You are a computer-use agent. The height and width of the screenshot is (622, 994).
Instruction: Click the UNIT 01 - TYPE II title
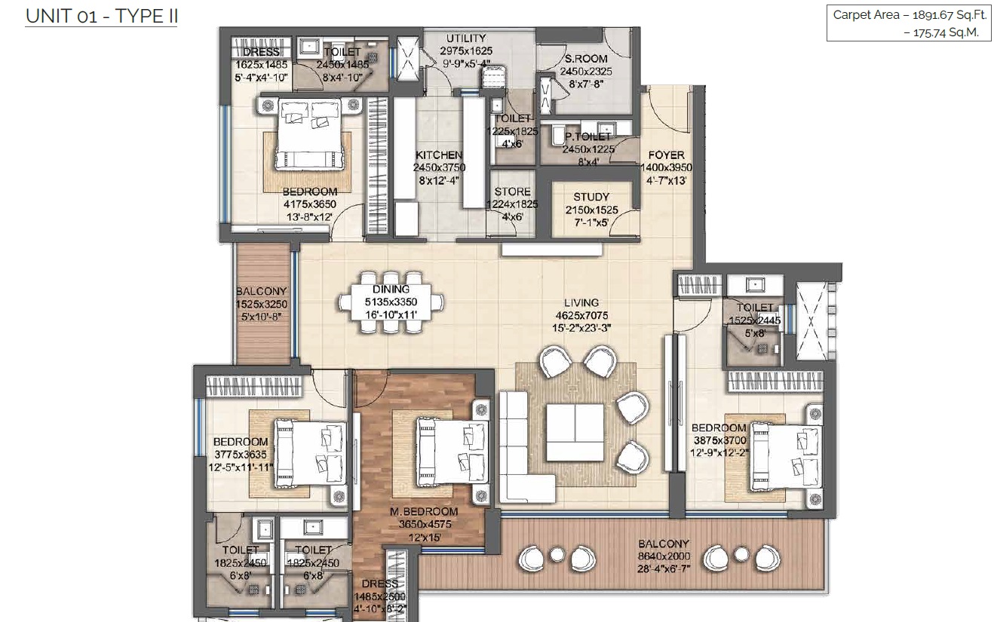tap(101, 15)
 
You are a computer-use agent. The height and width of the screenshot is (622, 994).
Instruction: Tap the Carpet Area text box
tap(908, 24)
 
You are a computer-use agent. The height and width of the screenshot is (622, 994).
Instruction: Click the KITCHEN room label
tap(437, 155)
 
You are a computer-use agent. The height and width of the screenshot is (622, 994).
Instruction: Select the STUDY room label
tap(591, 198)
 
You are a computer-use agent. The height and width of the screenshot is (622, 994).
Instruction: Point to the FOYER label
tap(665, 155)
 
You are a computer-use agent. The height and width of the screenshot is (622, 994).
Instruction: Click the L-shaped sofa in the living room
tap(517, 445)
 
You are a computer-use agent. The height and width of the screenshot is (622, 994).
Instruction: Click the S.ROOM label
tap(581, 60)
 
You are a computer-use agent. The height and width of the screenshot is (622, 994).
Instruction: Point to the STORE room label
tap(512, 192)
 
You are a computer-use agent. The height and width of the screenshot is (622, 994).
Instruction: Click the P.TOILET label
tap(588, 137)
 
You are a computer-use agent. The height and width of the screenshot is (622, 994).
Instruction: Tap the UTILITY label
tap(465, 38)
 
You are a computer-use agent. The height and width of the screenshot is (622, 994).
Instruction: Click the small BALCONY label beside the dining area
tap(261, 292)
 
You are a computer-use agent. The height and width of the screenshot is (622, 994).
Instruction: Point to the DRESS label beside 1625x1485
tap(262, 52)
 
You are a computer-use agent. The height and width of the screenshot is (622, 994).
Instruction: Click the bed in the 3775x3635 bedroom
tap(310, 455)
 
